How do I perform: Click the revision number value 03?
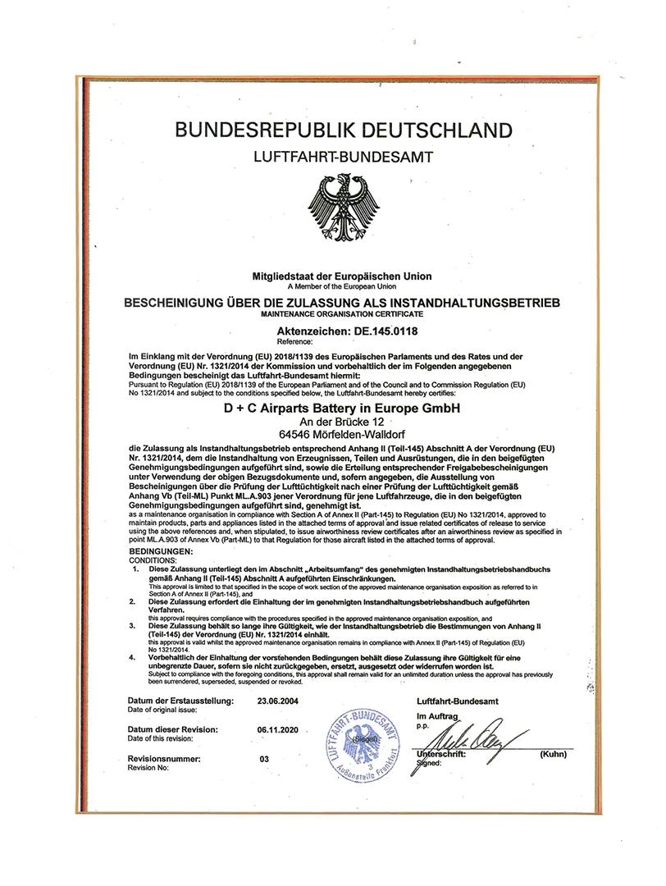click(x=264, y=759)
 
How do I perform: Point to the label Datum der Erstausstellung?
click(x=181, y=701)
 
